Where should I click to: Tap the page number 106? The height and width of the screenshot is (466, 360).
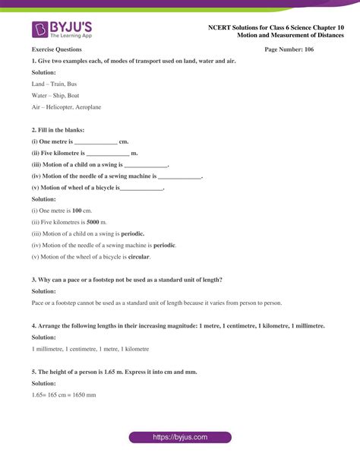pos(289,49)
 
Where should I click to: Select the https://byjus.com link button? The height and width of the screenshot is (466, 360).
pos(180,437)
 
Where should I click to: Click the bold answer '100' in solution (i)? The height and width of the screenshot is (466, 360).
pos(77,210)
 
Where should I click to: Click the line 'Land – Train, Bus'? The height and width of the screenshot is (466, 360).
pos(54,84)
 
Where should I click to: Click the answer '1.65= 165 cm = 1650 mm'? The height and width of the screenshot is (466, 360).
pos(64,395)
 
